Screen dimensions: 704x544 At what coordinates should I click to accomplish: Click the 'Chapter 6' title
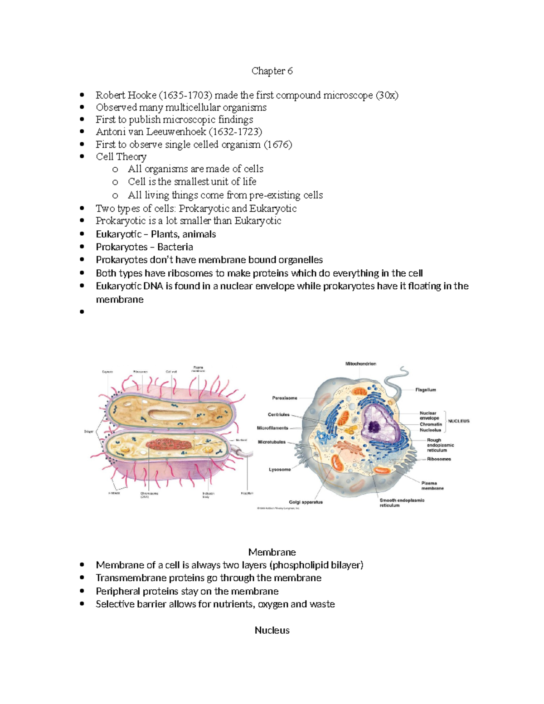(272, 71)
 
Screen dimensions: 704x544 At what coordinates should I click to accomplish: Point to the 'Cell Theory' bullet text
(121, 157)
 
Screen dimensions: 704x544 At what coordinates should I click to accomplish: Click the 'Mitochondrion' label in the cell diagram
(360, 364)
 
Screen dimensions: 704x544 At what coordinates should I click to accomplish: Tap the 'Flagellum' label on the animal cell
(425, 389)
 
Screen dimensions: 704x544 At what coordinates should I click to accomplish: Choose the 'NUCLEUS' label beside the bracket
(458, 421)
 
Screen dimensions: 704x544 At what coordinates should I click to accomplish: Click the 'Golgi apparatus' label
(306, 502)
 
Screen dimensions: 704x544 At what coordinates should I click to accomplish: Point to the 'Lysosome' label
(280, 469)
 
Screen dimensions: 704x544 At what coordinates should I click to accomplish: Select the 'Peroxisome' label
(285, 398)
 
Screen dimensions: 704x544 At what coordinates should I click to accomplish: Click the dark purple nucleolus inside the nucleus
(375, 427)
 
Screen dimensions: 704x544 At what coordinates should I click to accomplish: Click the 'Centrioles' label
(278, 414)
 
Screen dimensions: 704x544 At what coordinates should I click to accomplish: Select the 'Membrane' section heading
(272, 552)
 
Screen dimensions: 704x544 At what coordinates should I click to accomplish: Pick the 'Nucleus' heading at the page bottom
(272, 630)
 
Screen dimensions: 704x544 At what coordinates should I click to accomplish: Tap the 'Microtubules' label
(272, 442)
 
